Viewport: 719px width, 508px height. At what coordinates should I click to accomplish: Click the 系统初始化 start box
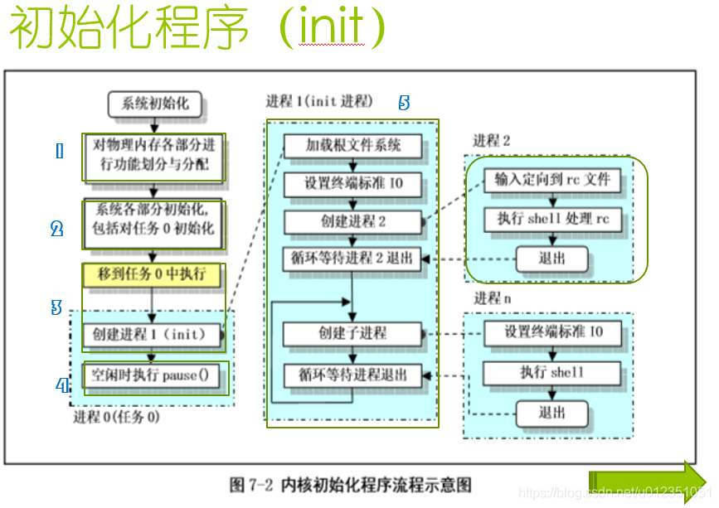point(155,104)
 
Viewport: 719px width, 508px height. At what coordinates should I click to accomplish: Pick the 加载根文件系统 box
point(352,146)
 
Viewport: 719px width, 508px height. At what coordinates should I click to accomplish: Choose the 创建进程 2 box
point(352,222)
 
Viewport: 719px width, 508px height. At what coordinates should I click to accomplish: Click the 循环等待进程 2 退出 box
point(352,259)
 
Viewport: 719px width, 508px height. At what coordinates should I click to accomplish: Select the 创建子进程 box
point(352,333)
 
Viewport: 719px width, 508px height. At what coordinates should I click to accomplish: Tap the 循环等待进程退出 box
point(352,375)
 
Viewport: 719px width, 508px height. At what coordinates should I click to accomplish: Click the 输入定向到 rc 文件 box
point(551,180)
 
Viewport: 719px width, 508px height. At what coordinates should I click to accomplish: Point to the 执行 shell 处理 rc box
point(551,220)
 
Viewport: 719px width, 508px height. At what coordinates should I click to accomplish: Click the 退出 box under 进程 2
point(551,259)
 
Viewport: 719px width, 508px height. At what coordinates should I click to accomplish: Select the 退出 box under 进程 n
point(551,413)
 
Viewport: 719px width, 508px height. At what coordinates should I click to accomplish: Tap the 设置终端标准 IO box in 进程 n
point(553,333)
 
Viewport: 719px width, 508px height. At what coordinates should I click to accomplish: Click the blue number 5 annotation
point(404,103)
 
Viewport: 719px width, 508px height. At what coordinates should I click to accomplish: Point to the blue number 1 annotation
point(59,151)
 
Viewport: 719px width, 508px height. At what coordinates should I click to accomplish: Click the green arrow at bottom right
point(647,481)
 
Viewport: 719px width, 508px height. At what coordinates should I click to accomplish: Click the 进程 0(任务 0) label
point(116,416)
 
